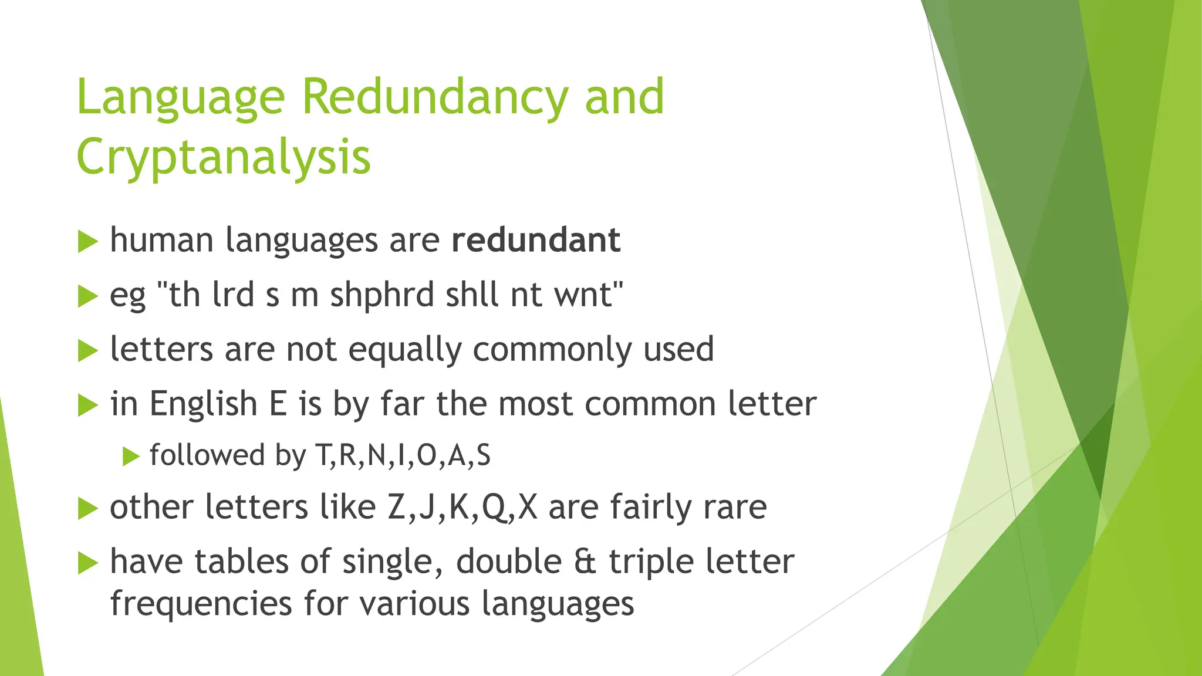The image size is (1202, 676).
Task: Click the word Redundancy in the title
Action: click(x=434, y=97)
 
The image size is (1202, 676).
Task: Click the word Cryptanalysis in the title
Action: click(x=224, y=157)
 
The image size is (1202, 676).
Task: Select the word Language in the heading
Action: click(x=181, y=97)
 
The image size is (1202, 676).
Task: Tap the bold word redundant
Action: click(x=535, y=240)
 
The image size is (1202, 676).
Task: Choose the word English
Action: click(x=204, y=404)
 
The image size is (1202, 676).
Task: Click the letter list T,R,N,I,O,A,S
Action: click(x=403, y=455)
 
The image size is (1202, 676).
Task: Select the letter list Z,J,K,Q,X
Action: click(x=462, y=507)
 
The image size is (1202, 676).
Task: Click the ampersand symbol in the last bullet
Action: click(x=585, y=562)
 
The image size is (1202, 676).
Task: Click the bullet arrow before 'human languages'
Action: click(x=87, y=242)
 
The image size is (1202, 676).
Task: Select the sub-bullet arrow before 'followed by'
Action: click(x=131, y=457)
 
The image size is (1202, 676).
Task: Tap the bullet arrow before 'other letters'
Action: click(x=87, y=509)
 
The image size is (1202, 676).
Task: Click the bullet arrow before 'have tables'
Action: click(x=87, y=563)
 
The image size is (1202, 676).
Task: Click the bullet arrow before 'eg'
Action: click(x=87, y=296)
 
